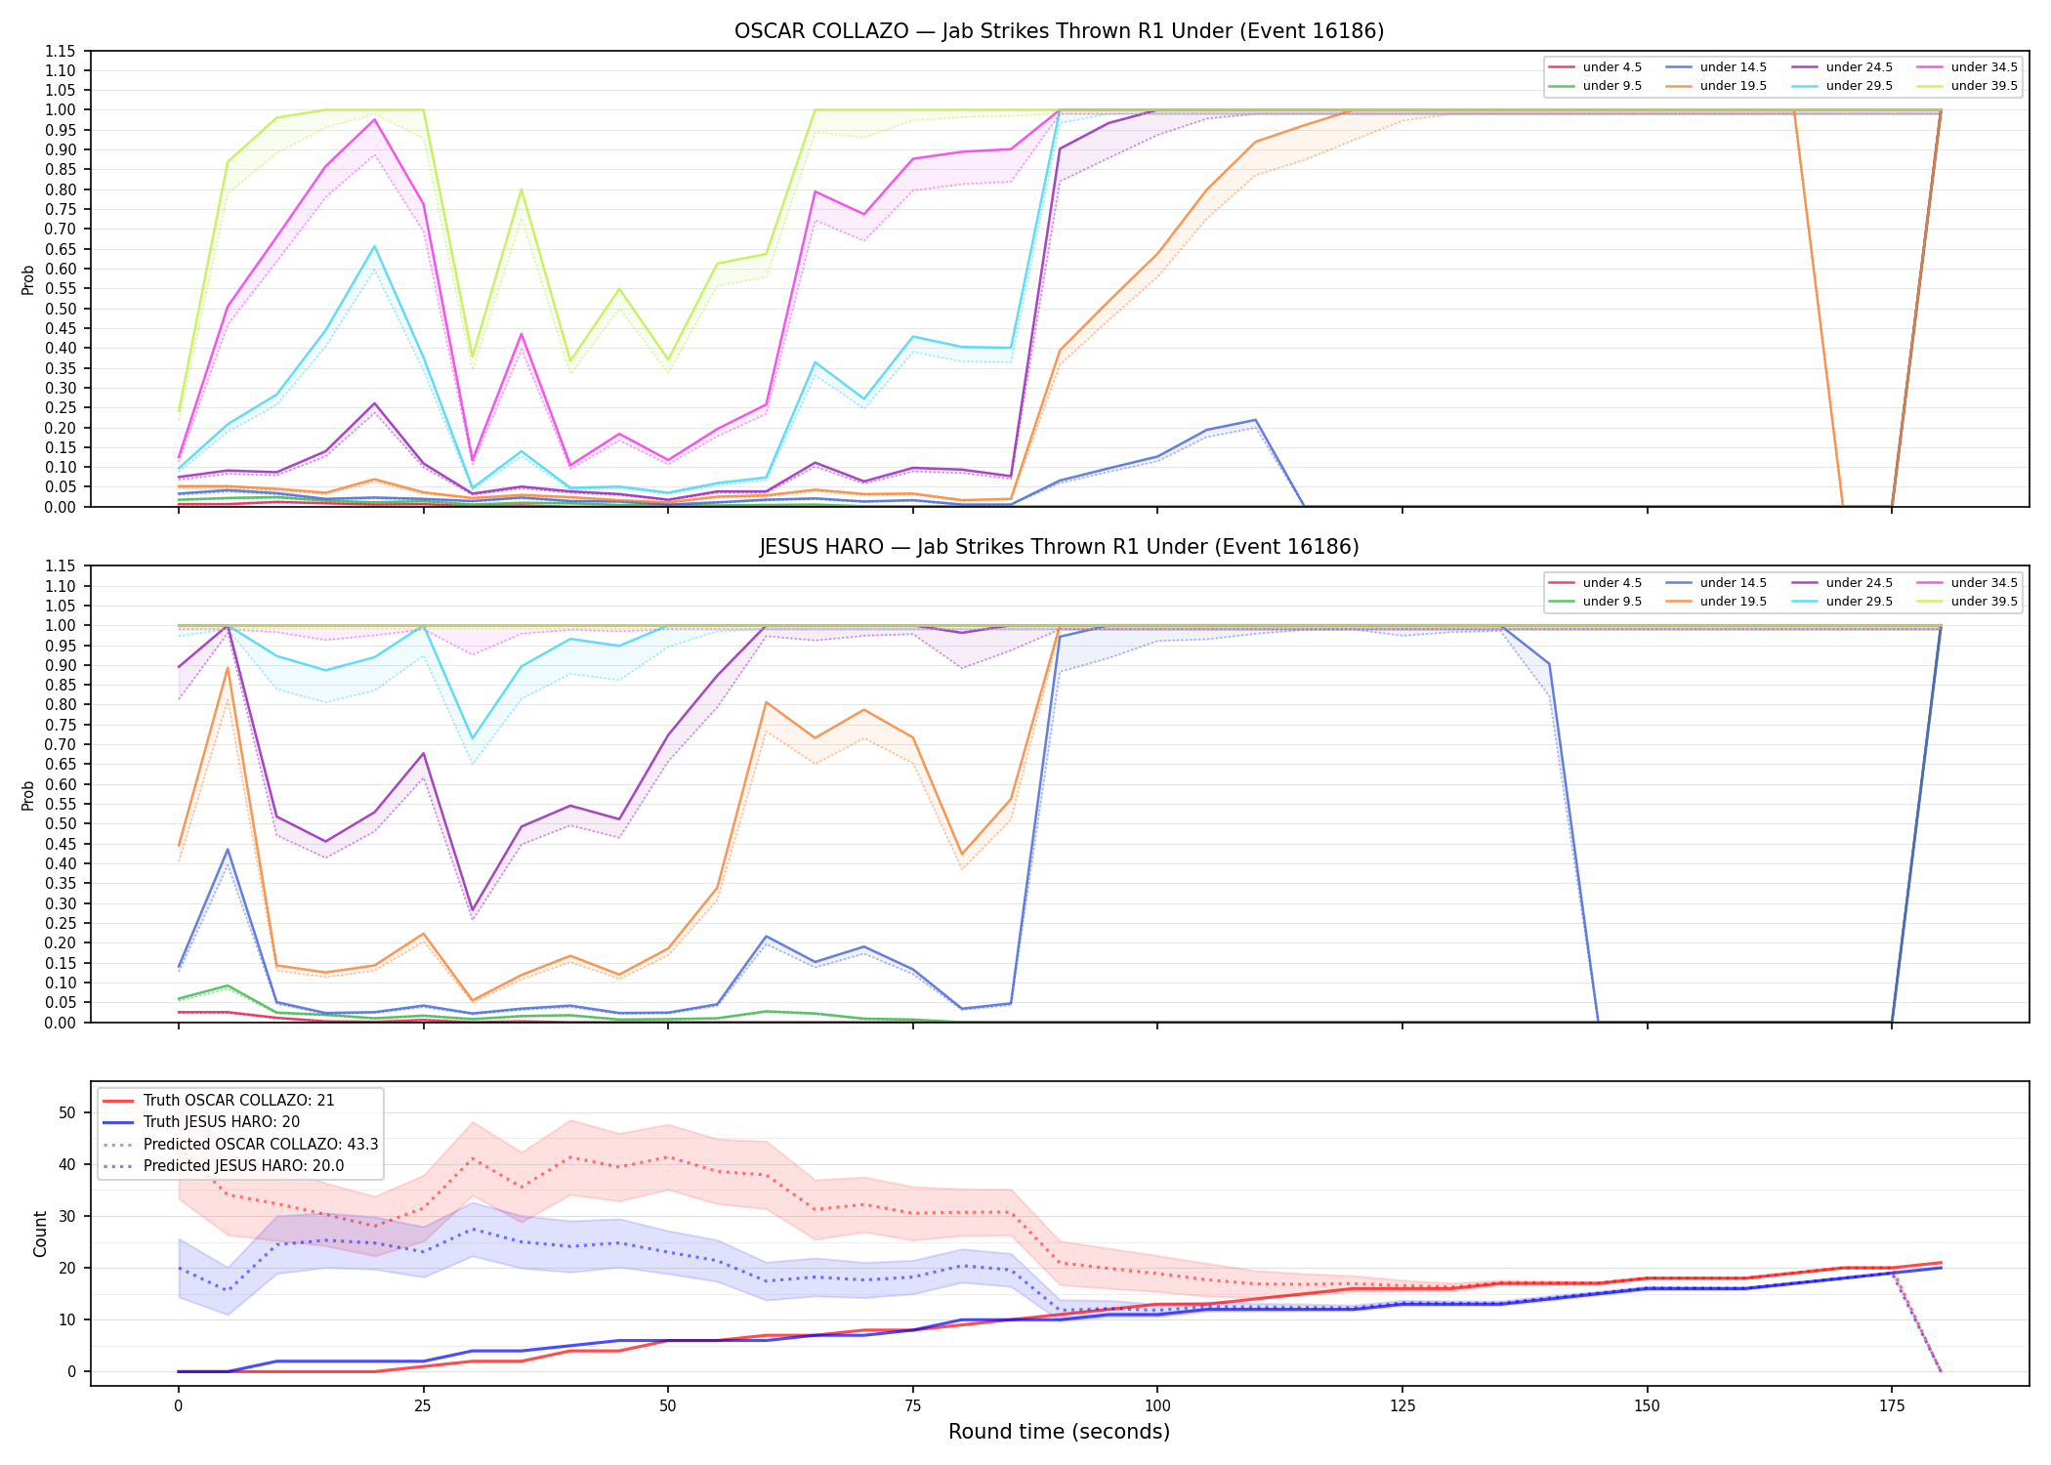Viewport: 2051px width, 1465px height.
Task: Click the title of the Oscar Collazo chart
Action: (x=1059, y=31)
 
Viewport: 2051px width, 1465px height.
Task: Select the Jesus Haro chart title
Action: (x=1059, y=547)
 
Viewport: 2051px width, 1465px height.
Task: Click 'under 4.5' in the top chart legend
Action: (x=1611, y=67)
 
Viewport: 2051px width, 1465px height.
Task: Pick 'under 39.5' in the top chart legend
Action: (x=1984, y=86)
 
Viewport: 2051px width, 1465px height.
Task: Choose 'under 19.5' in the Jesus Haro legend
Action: (x=1733, y=602)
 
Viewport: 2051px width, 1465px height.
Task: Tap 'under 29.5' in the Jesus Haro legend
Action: (x=1859, y=602)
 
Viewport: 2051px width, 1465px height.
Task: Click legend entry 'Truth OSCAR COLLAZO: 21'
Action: (x=238, y=1101)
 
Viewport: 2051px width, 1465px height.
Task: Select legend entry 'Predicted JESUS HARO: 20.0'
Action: (x=243, y=1166)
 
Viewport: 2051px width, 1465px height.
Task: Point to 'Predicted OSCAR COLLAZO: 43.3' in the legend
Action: (x=261, y=1145)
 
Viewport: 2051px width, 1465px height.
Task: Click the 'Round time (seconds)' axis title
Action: (x=1059, y=1432)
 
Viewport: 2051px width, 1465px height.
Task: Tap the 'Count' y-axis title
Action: (x=40, y=1234)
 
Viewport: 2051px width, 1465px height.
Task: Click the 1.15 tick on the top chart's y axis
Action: (x=62, y=51)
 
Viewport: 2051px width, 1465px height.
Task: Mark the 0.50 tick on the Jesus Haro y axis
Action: (x=62, y=824)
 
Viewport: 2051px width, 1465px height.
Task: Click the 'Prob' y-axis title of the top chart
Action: (x=28, y=279)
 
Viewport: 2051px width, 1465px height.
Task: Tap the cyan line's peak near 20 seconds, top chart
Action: (x=374, y=246)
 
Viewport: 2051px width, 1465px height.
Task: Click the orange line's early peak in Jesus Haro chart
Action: (x=228, y=668)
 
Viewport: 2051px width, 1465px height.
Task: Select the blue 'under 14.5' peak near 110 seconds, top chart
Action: (x=1255, y=420)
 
